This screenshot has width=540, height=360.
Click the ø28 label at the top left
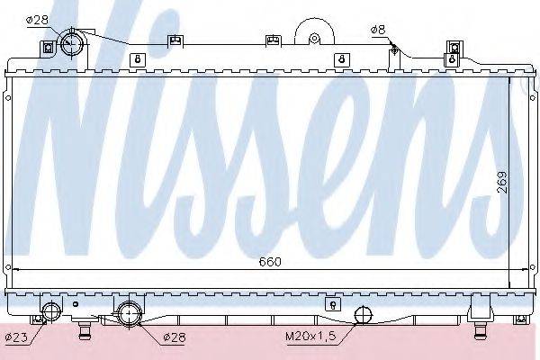coord(38,20)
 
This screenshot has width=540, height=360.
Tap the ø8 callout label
coord(378,30)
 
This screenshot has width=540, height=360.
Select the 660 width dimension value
coord(270,262)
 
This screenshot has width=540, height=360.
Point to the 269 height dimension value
coord(502,182)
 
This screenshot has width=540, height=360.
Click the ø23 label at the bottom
coord(16,337)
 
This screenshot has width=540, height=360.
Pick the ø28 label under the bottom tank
coord(175,337)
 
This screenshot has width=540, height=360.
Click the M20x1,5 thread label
coord(310,336)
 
